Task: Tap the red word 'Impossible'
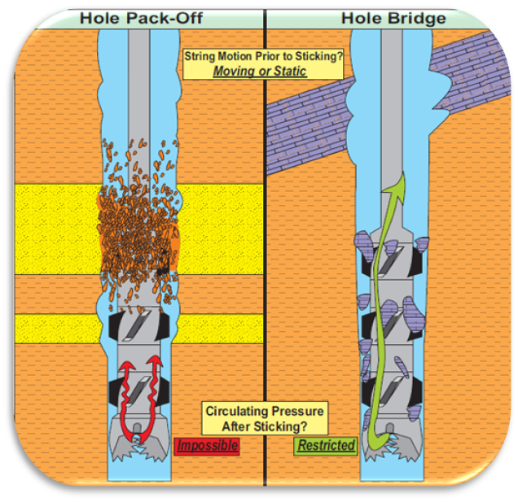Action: click(x=206, y=446)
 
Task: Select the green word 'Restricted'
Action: click(x=326, y=446)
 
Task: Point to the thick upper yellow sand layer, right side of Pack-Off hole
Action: click(x=220, y=229)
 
